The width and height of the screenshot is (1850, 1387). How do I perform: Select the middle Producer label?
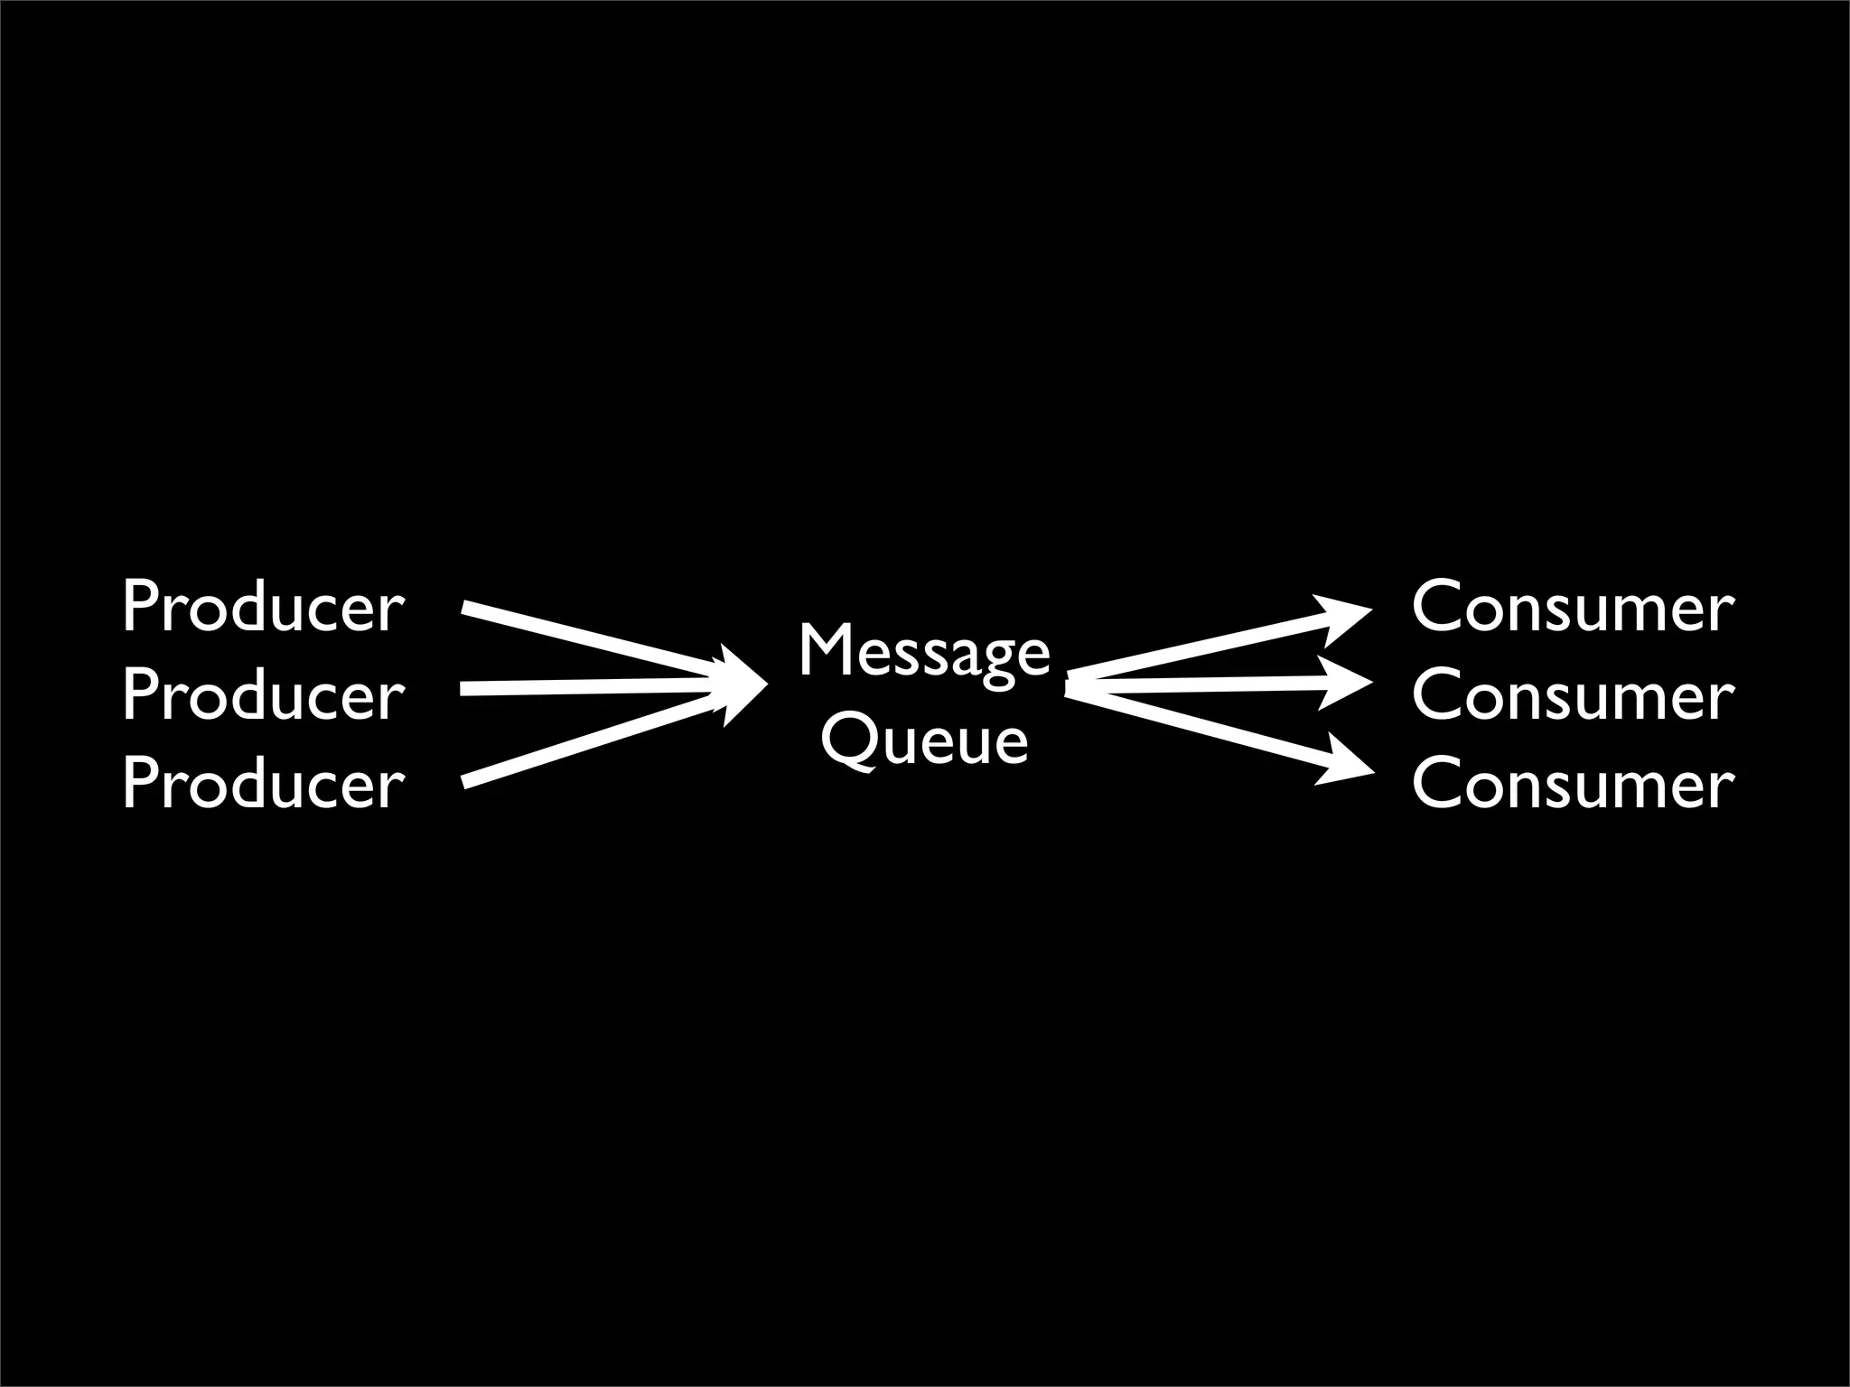(x=263, y=696)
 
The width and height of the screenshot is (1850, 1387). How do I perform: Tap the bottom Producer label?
(x=263, y=784)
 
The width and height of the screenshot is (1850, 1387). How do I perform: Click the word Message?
(x=924, y=653)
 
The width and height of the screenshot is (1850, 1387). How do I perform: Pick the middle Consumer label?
(x=1573, y=696)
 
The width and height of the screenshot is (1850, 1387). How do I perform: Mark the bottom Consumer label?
(x=1573, y=784)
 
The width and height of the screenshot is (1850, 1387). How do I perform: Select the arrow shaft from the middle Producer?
(x=587, y=689)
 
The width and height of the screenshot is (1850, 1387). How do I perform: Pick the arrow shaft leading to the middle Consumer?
(x=1192, y=687)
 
